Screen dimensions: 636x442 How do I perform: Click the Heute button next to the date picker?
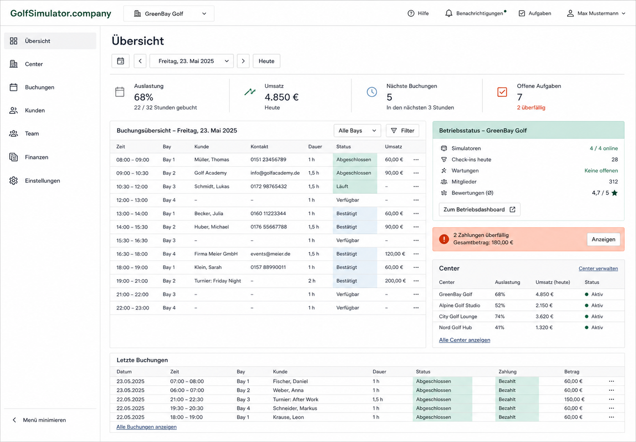pos(266,61)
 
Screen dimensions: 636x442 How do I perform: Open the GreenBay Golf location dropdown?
pos(169,14)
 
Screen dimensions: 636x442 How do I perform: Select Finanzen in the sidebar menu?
pos(36,157)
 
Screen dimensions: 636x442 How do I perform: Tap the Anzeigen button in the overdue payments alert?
pos(603,239)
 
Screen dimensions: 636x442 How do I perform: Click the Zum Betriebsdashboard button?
pos(480,209)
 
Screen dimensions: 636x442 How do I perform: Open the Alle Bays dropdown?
pos(357,131)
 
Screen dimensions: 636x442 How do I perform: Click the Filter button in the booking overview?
pos(402,131)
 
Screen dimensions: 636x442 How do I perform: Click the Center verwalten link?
pos(598,269)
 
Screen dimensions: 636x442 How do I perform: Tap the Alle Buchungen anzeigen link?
pos(147,427)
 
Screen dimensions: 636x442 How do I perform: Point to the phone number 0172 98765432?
pos(269,187)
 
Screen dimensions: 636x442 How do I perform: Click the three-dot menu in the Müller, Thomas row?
pos(416,160)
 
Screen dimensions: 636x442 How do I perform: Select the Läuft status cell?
pos(355,187)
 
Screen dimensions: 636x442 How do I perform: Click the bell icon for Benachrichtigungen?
pos(449,14)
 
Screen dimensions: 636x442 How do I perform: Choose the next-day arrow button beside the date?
pos(243,61)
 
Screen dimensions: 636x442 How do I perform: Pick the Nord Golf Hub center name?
pos(456,327)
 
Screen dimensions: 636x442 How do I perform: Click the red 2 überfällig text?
pos(531,108)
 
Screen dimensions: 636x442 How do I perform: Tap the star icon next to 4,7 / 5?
pos(614,193)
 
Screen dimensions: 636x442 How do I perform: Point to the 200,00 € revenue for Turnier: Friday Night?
pos(395,281)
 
